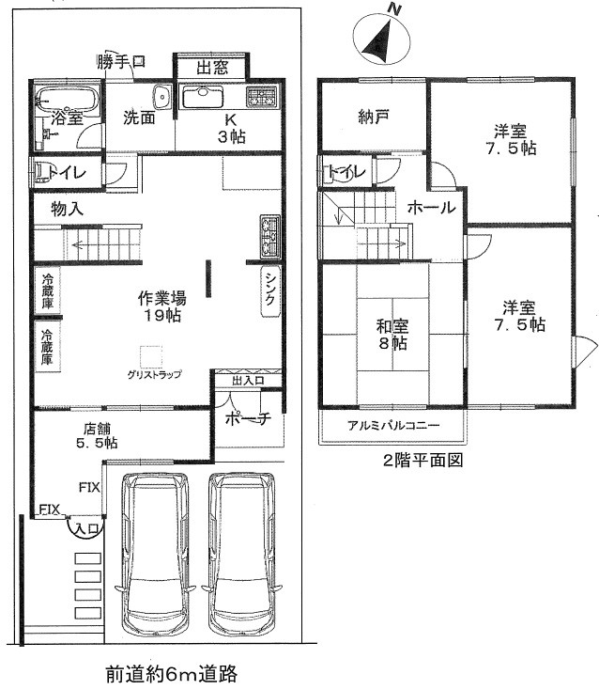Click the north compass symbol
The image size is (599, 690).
coord(380,39)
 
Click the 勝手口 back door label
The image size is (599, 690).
coord(121,63)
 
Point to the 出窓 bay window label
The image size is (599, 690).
coord(211,67)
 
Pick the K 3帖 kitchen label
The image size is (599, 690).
coord(231,128)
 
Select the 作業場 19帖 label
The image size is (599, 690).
coord(161,306)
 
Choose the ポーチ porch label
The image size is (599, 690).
coord(247,419)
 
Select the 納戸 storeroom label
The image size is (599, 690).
coord(373,118)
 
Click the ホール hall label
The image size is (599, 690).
coord(432,208)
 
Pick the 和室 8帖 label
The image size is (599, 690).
coord(392,334)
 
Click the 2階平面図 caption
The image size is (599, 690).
coord(421,461)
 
